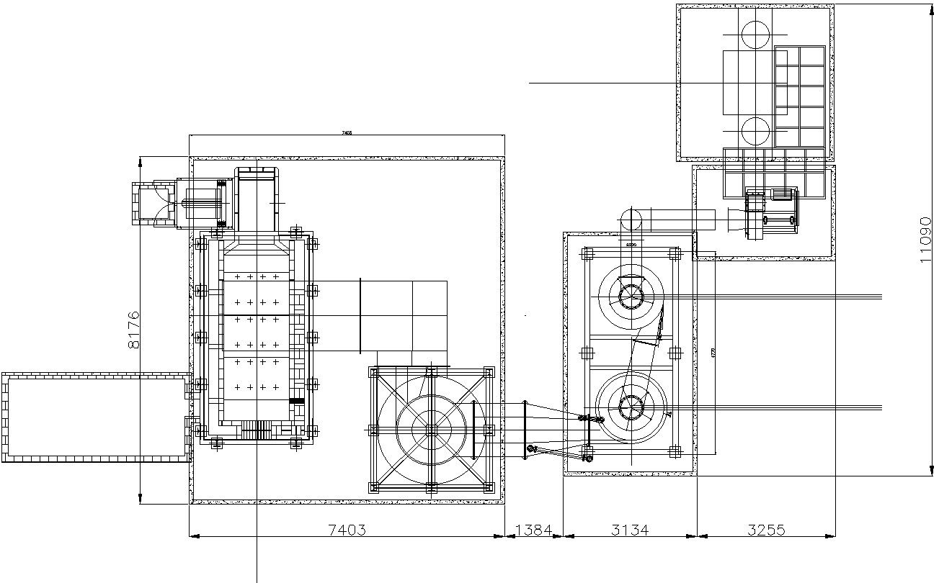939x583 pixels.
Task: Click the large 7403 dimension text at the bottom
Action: (x=347, y=530)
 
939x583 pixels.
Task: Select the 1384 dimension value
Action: (x=533, y=530)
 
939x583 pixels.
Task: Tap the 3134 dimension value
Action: (x=629, y=530)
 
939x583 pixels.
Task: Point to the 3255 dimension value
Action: (x=765, y=530)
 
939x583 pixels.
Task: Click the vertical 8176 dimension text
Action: (x=134, y=330)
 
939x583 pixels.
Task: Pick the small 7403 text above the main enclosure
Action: (x=347, y=133)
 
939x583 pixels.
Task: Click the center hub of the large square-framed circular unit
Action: (x=430, y=430)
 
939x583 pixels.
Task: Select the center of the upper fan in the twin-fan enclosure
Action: (x=631, y=296)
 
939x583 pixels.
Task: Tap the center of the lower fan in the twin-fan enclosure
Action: (x=631, y=407)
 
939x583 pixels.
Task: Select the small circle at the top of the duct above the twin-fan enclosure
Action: (x=631, y=220)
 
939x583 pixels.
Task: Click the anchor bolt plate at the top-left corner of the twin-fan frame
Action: (x=587, y=253)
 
